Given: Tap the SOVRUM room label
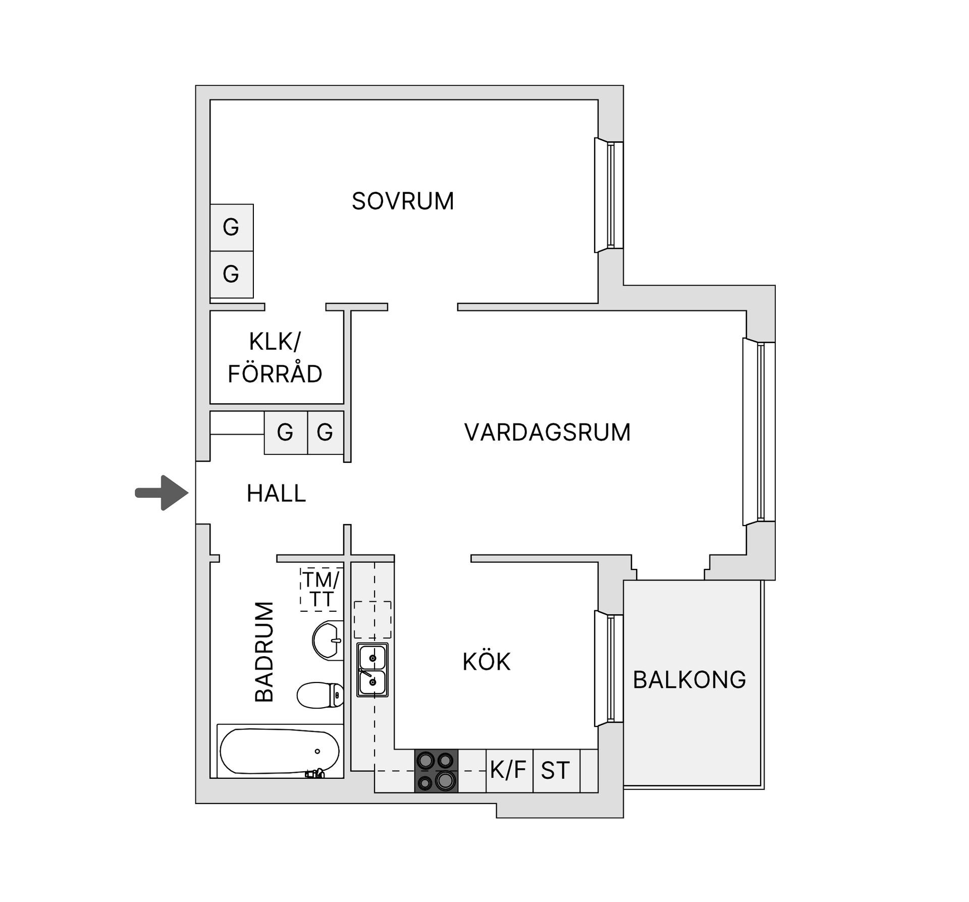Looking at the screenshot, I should [x=403, y=201].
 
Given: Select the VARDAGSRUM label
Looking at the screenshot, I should [x=547, y=433].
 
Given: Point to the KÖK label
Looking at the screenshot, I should [x=487, y=662].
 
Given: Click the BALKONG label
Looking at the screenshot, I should [x=689, y=680].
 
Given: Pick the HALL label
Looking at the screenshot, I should [x=276, y=494].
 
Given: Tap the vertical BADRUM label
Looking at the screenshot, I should [x=264, y=652].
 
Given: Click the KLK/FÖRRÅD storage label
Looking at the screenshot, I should [x=275, y=358].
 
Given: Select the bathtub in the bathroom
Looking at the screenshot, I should [x=280, y=751].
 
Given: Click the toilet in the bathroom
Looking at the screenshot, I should [x=320, y=695].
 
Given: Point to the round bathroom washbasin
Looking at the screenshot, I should [x=328, y=640].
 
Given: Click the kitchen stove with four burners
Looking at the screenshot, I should [x=437, y=770].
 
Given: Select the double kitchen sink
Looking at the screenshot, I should [x=372, y=669].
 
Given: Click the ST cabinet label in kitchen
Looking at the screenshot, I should [x=555, y=771].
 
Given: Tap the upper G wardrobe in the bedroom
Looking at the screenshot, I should [x=231, y=227].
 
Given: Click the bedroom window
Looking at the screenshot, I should [x=609, y=195].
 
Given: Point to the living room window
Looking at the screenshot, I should [x=759, y=432].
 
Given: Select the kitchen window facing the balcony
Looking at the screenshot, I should [x=609, y=668].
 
